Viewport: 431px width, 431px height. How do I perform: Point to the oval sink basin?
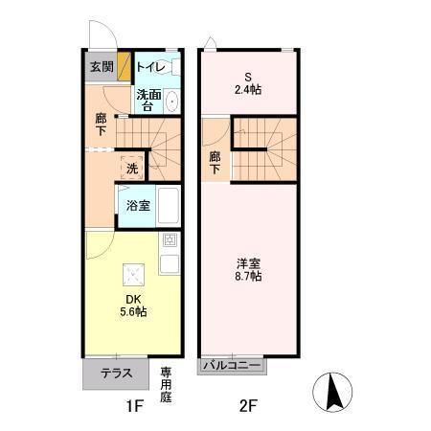tap(171, 102)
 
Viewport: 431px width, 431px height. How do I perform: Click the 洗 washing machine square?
tap(132, 169)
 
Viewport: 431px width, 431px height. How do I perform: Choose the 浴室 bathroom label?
tap(137, 205)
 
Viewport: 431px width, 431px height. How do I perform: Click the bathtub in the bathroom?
tap(169, 206)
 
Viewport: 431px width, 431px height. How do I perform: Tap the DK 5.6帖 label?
tap(133, 305)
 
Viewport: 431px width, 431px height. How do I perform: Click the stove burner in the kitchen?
tap(170, 240)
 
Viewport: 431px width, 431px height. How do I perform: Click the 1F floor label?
tap(133, 405)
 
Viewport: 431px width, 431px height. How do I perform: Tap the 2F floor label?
tap(248, 405)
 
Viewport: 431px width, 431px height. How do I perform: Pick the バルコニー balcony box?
tap(232, 365)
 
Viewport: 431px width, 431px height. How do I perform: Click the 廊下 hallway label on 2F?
tap(215, 162)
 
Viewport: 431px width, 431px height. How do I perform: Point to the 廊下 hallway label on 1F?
tap(101, 125)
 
